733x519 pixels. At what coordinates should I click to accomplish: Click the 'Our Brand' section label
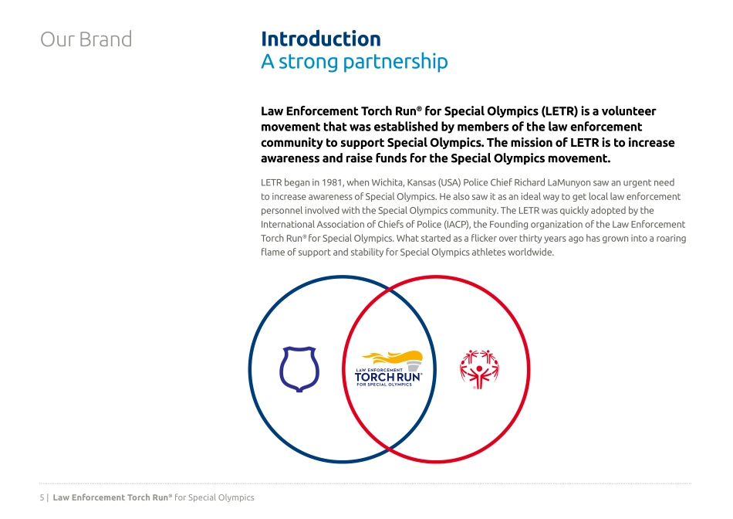coord(86,39)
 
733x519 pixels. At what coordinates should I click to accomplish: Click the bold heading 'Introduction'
coord(320,39)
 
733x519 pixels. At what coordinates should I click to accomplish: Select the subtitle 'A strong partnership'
coord(353,62)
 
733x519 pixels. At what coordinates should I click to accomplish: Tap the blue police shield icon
coord(299,368)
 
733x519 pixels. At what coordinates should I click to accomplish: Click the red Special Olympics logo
coord(480,368)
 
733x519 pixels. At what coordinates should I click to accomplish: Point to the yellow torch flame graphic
coord(394,358)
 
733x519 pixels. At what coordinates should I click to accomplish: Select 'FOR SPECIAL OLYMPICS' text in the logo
coord(384,385)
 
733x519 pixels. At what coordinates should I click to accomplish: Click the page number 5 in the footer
coord(42,497)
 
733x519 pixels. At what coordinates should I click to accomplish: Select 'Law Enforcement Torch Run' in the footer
coord(112,497)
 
